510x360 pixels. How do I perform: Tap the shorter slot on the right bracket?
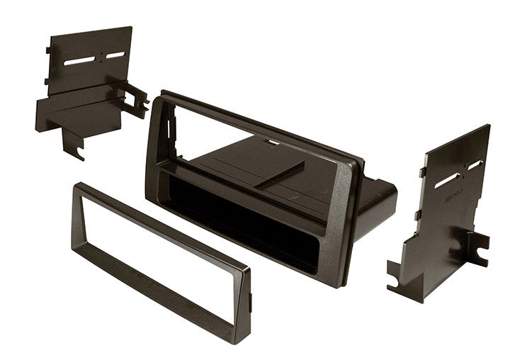coord(475,164)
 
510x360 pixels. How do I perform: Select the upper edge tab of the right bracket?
coord(422,171)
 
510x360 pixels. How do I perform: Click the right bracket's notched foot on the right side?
coord(477,248)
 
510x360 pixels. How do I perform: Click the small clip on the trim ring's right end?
coord(251,301)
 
